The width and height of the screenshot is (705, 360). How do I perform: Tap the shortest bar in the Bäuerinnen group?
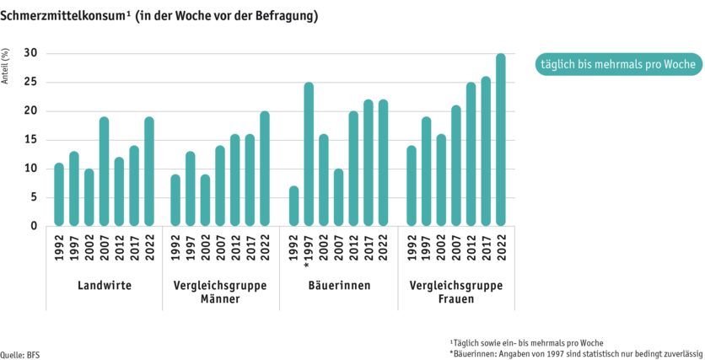pos(293,205)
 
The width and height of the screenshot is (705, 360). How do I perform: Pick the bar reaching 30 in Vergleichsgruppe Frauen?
pos(500,139)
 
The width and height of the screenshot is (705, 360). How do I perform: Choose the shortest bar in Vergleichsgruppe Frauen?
pos(411,185)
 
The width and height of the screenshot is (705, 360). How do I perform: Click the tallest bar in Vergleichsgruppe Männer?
pos(265,168)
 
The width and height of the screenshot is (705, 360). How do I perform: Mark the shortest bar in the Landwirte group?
pos(89,196)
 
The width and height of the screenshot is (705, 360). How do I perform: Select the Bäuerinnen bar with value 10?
pos(338,196)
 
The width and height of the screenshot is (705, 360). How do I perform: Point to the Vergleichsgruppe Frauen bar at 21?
pos(455,165)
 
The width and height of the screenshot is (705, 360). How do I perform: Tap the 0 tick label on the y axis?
pos(34,226)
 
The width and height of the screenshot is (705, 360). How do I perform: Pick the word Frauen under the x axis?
pos(455,298)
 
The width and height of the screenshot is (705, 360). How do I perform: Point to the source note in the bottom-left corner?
pos(19,353)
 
